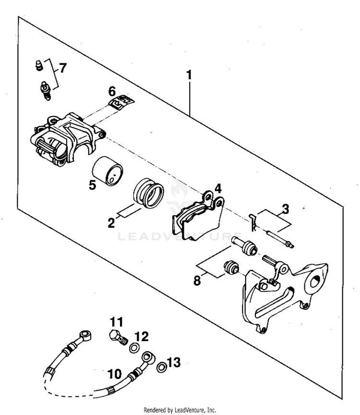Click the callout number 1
click(189, 75)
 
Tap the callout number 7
click(63, 68)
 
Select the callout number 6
click(112, 90)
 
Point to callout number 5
click(93, 183)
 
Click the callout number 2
click(111, 223)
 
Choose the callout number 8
click(197, 280)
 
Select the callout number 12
click(142, 336)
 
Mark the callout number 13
click(173, 362)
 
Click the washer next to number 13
click(162, 367)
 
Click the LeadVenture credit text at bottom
click(180, 410)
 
